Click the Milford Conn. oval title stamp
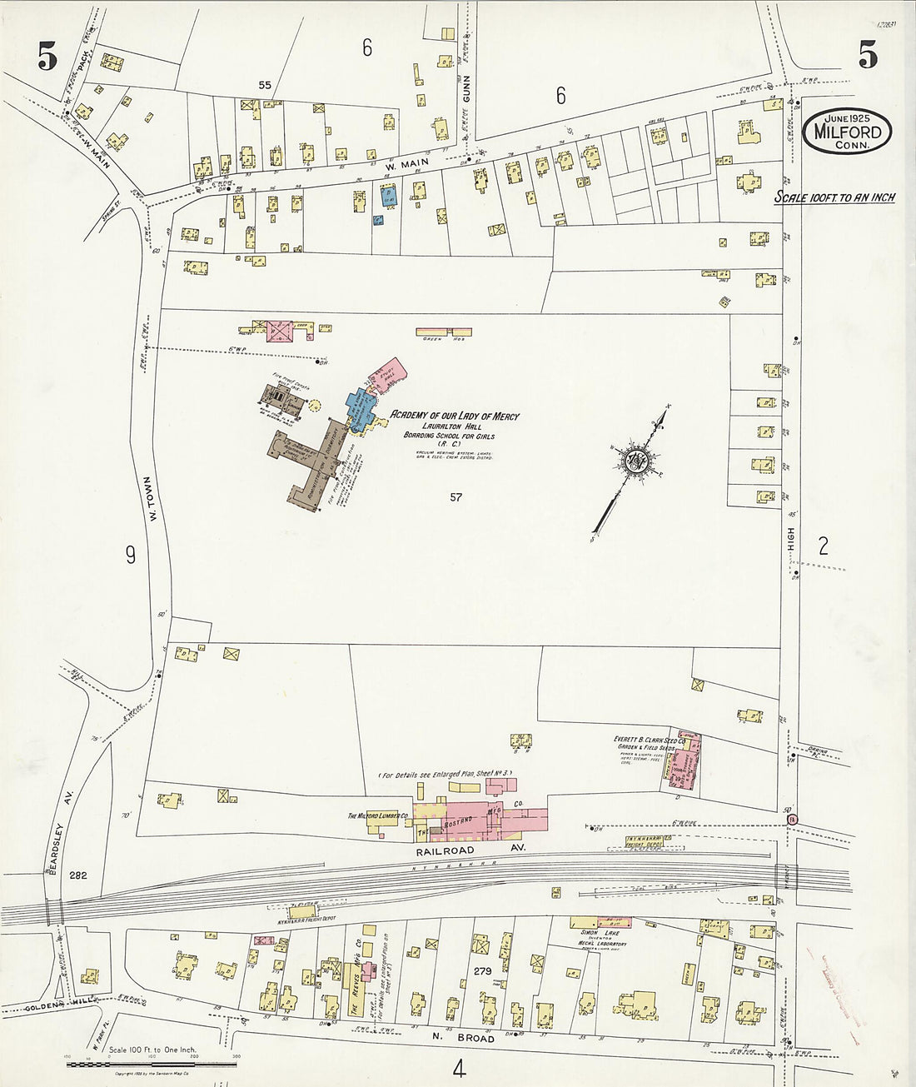(848, 132)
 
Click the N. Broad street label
(463, 1039)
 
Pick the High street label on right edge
(791, 543)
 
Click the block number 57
(455, 497)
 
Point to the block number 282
(78, 875)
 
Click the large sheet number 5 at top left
(47, 57)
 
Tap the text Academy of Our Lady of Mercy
(455, 415)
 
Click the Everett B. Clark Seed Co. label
(650, 739)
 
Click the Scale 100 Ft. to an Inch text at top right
(834, 197)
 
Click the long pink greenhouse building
(444, 332)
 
